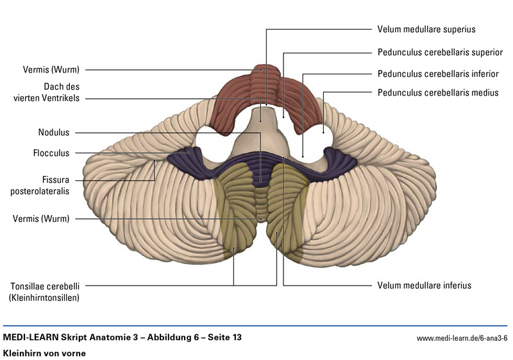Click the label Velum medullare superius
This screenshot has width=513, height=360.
[426, 29]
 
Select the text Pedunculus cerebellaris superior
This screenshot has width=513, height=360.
[440, 52]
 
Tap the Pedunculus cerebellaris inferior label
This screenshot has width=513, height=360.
[438, 73]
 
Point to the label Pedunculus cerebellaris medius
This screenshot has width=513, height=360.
[438, 92]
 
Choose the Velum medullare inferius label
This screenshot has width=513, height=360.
[425, 285]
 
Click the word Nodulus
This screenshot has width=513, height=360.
[53, 133]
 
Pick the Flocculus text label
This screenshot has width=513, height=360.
[51, 153]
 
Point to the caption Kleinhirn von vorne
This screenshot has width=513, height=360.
[44, 353]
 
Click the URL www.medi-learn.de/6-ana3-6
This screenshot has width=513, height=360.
[462, 338]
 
